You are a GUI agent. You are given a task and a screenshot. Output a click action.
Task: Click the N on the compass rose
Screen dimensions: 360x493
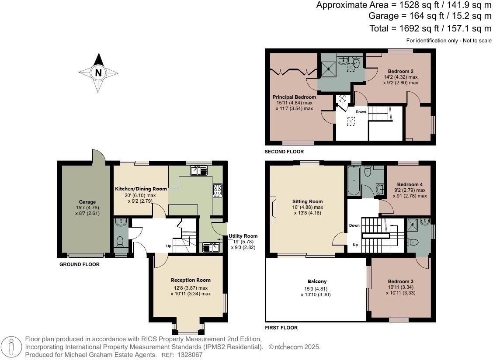tap(98, 73)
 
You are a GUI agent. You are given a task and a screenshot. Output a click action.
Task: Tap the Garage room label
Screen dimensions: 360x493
tap(87, 202)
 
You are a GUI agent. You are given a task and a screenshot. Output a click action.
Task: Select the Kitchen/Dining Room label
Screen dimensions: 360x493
tap(141, 189)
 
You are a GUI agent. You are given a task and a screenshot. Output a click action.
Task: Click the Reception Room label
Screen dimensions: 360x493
tap(191, 280)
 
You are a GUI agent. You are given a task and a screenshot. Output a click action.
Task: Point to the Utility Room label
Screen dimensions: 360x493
tap(243, 236)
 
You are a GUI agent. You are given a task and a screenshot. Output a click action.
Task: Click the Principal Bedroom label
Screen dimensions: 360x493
tap(294, 97)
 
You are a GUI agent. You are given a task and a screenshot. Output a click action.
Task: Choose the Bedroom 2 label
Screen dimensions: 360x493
tap(400, 71)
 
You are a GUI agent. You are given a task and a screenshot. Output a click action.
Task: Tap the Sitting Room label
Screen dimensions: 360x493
tap(307, 201)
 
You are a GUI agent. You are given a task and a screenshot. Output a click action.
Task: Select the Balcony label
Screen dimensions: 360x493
tap(316, 281)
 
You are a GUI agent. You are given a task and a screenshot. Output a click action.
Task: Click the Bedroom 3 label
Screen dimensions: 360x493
tap(400, 281)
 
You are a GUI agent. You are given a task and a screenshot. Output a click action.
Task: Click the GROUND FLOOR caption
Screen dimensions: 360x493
tap(79, 265)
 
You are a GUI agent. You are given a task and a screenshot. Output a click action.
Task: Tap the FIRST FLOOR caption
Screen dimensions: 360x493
tap(281, 328)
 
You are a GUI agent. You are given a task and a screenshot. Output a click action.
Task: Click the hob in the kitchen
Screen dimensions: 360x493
tap(217, 190)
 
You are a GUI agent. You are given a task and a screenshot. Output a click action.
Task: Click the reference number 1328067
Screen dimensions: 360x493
tap(191, 355)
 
